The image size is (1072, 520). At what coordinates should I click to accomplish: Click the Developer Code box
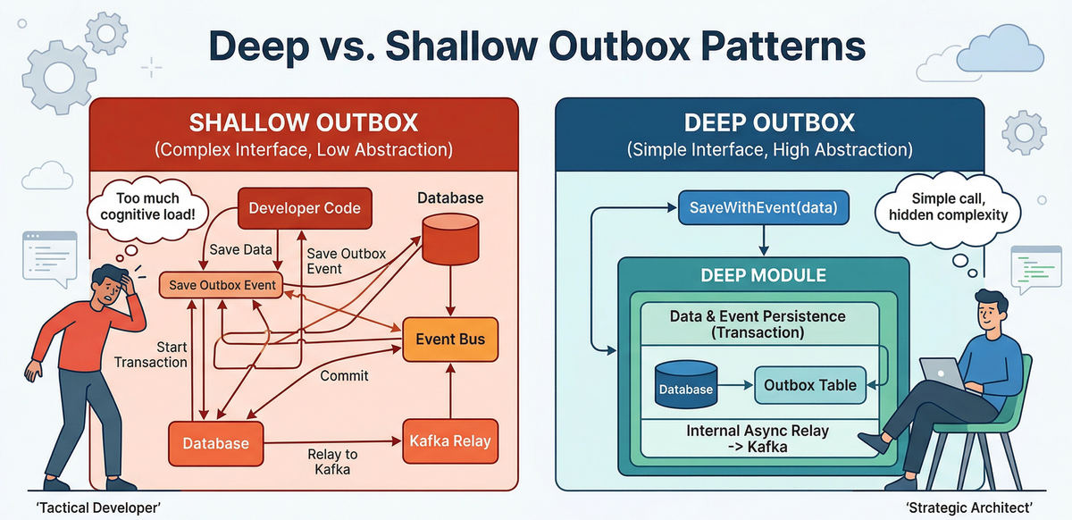click(305, 208)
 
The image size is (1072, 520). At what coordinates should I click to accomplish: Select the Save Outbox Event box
click(221, 286)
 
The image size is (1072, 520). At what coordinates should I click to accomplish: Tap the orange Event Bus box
click(450, 340)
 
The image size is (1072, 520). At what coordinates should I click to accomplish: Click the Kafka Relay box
click(449, 440)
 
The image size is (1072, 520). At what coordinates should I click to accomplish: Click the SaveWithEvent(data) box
click(763, 207)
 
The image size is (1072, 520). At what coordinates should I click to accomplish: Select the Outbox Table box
click(810, 386)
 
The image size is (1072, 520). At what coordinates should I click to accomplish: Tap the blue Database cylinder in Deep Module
click(686, 385)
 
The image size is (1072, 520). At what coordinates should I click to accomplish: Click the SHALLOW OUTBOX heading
click(304, 123)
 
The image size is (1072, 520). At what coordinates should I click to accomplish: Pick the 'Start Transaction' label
click(151, 354)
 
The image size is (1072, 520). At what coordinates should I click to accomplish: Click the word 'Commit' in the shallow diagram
click(344, 375)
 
